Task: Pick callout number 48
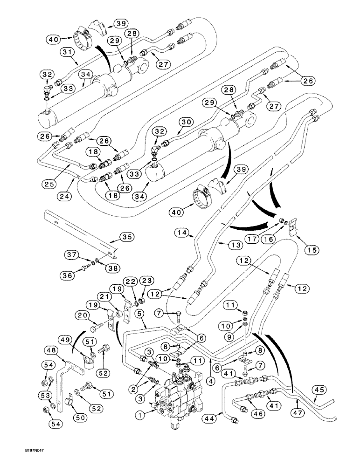coord(52,349)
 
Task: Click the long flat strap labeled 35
coord(79,229)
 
